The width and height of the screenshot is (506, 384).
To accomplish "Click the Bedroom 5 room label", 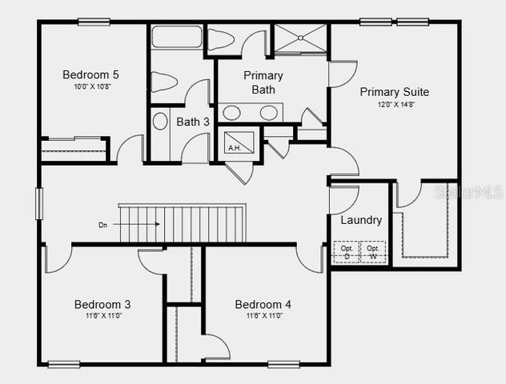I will [x=90, y=75].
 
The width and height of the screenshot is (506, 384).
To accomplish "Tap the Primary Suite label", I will [x=394, y=91].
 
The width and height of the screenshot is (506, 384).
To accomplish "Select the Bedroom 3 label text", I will [x=102, y=304].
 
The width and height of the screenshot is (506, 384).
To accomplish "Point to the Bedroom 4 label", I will [x=263, y=304].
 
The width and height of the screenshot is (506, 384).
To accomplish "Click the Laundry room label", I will [x=361, y=220].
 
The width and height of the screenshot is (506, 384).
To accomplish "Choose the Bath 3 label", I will [x=193, y=122].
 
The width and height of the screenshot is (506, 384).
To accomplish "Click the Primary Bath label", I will [x=263, y=82].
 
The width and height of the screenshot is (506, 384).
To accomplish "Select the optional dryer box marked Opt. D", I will [x=347, y=251].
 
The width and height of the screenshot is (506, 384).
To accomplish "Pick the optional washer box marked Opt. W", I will [x=372, y=251].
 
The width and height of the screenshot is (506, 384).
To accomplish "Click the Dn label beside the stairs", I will [x=102, y=225].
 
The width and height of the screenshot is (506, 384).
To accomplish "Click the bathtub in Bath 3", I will [x=177, y=38].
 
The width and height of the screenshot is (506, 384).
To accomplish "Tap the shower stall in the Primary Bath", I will [x=300, y=38].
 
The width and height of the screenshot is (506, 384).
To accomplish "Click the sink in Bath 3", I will [x=159, y=122].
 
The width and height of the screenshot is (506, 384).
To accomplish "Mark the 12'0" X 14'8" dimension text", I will [x=393, y=105].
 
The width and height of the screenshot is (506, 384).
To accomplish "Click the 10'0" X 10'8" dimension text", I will [x=90, y=86].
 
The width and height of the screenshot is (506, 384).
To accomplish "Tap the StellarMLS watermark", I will [x=468, y=193].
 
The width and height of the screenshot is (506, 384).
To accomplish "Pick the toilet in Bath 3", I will [x=164, y=81].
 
